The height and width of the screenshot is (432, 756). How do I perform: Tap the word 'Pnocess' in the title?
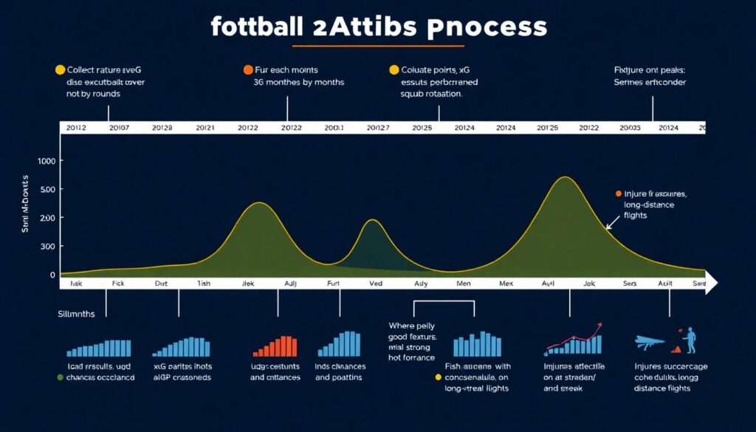(x=487, y=27)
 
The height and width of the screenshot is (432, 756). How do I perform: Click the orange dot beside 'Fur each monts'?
(x=248, y=70)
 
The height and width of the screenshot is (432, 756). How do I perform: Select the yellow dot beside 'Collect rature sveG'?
(x=61, y=70)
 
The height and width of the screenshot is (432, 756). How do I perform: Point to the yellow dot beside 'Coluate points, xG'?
(x=394, y=70)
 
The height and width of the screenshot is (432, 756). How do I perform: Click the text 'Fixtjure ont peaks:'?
(x=649, y=70)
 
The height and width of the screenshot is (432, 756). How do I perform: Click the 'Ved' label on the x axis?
(x=376, y=284)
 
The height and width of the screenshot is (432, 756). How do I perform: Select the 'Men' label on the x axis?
(x=464, y=284)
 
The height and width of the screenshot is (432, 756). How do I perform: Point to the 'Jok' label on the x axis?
(x=588, y=284)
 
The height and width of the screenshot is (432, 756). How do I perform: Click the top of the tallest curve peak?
(x=565, y=177)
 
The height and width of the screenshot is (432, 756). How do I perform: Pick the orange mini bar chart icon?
(x=275, y=346)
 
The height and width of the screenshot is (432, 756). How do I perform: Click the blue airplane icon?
(x=650, y=341)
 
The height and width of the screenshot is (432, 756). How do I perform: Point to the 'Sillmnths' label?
(x=76, y=314)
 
